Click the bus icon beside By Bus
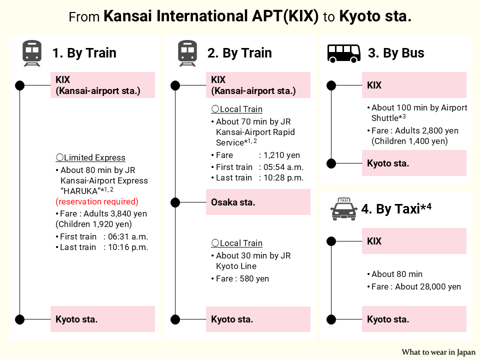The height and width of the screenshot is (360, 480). point(344,53)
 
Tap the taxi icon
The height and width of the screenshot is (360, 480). point(344,209)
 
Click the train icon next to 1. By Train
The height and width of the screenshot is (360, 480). point(31,53)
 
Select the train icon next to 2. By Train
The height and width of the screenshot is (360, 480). point(187,53)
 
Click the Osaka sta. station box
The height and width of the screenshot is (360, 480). point(258,202)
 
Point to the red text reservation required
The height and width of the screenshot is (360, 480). point(96,201)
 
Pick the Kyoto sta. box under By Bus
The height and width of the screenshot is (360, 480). point(414,163)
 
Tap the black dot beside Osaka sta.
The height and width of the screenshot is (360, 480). point(175,202)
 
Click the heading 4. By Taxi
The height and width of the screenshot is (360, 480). point(396,209)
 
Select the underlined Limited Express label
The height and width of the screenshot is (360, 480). point(90,158)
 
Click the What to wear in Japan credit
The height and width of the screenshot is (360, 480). point(438,352)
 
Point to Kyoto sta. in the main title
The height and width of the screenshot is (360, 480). point(375,17)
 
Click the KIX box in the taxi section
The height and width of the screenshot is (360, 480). point(414,241)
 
